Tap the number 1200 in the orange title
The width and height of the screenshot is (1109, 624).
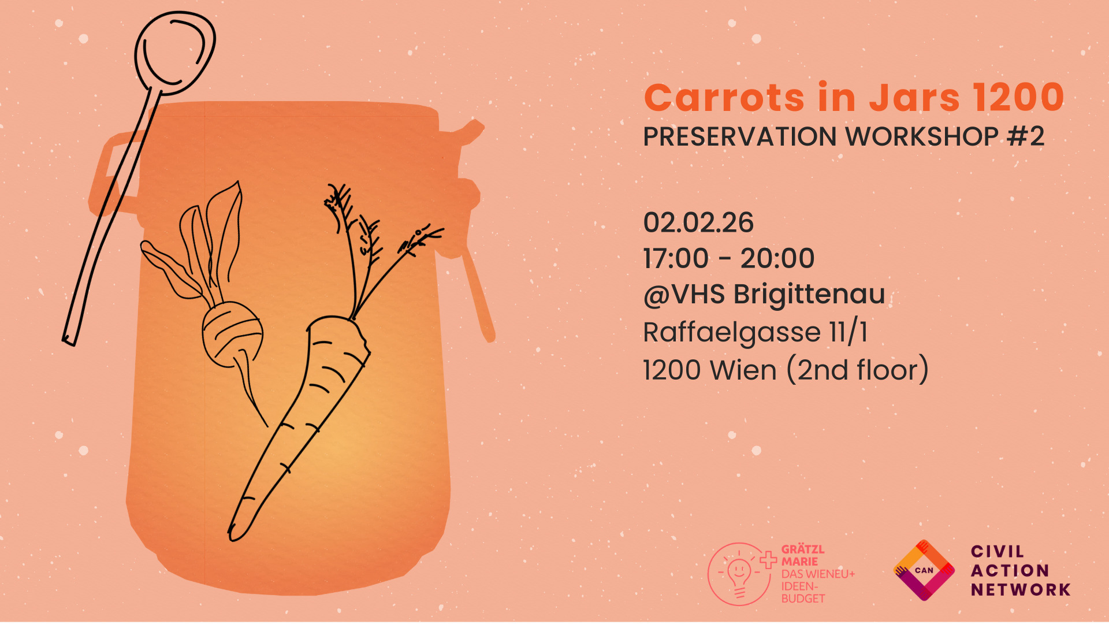point(1018,97)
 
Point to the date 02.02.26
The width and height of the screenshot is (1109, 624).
point(698,223)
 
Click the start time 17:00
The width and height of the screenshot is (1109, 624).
point(676,258)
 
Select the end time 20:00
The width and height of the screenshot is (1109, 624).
point(777,258)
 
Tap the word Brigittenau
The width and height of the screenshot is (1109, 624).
point(809,295)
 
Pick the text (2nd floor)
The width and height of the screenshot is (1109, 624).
point(858,370)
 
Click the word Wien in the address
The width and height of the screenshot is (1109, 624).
point(743,370)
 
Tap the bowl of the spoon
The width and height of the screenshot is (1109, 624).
point(174,53)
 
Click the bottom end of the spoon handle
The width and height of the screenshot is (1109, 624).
point(69,341)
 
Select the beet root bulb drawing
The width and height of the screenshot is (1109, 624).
point(232,334)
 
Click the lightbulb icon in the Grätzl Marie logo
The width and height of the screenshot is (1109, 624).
point(739,575)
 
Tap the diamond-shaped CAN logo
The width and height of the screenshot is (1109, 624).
point(924,570)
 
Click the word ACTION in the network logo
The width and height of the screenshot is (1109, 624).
point(1010,571)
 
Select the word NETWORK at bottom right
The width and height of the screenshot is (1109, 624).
point(1021,590)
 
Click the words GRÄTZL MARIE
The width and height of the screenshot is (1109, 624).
point(803,556)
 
